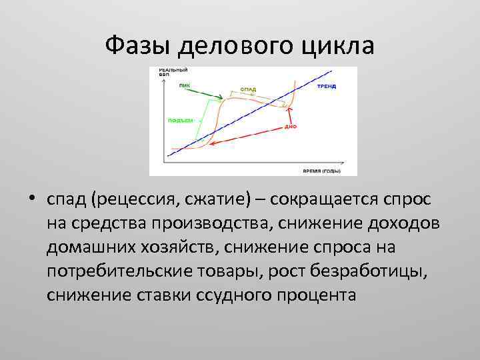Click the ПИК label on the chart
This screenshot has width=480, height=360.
click(x=184, y=85)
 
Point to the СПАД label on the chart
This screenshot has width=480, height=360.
click(x=248, y=89)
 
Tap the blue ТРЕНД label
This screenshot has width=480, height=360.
click(x=326, y=87)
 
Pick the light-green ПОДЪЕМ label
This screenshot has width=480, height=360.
click(x=181, y=121)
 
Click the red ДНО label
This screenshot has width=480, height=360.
click(x=290, y=125)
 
